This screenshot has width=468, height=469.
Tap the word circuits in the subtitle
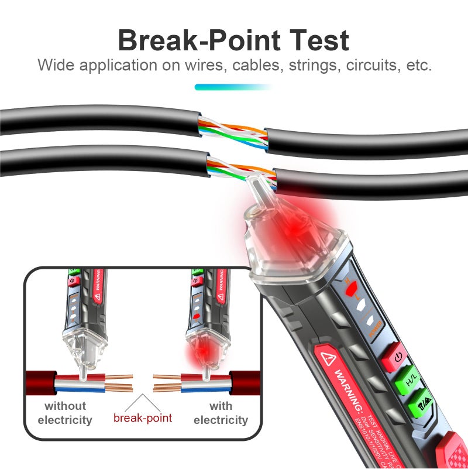(x=363, y=65)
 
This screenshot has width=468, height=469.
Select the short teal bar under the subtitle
(x=233, y=87)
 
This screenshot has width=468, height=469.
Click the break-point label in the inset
(x=143, y=417)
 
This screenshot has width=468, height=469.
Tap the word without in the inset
(x=66, y=406)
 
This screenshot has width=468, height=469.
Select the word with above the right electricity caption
(x=221, y=406)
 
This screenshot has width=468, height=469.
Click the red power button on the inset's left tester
(x=73, y=281)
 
